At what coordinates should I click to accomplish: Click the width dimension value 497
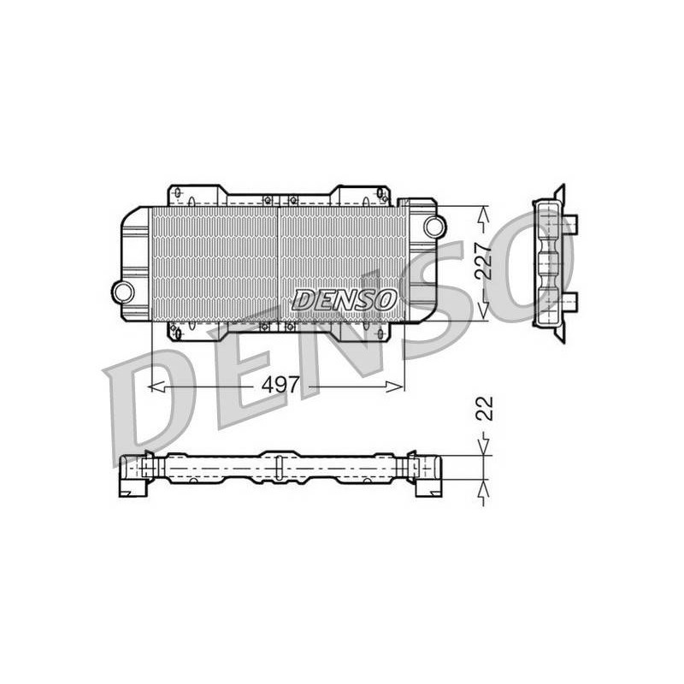pyautogui.click(x=280, y=385)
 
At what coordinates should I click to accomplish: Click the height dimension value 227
pyautogui.click(x=483, y=261)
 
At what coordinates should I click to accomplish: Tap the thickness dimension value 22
pyautogui.click(x=484, y=409)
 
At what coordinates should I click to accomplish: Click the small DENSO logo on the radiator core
pyautogui.click(x=345, y=300)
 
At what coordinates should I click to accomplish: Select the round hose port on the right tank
pyautogui.click(x=434, y=226)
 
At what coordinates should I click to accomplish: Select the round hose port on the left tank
pyautogui.click(x=123, y=292)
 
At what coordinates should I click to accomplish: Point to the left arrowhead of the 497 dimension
pyautogui.click(x=156, y=386)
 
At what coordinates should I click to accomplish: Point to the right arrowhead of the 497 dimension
pyautogui.click(x=394, y=386)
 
